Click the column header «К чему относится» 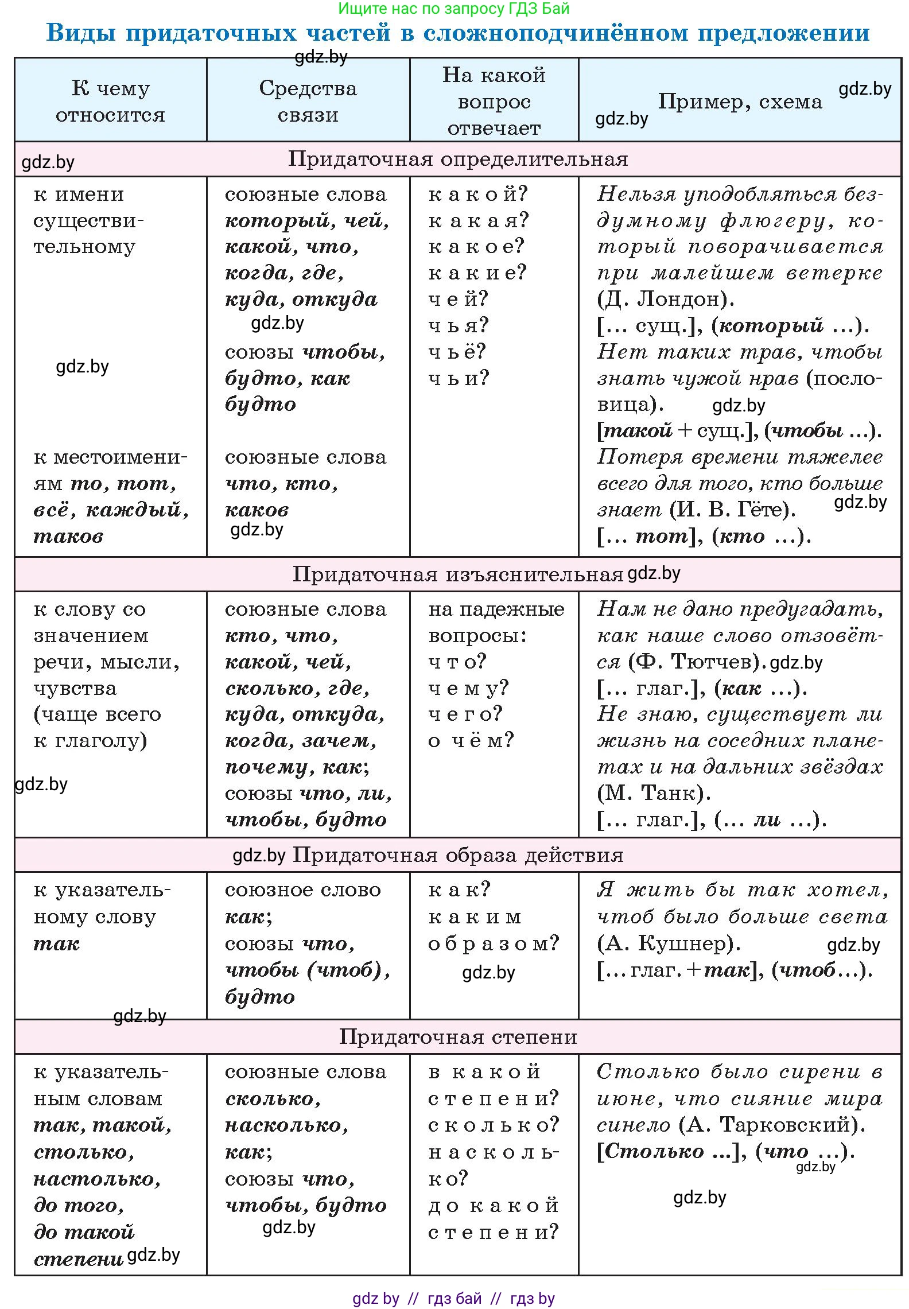(110, 101)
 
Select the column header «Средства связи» (308, 101)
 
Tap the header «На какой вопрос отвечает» (494, 101)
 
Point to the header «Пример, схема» (740, 102)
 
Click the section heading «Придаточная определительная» (457, 159)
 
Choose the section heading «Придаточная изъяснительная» (457, 574)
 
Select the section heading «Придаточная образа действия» (457, 855)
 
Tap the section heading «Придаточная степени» (457, 1036)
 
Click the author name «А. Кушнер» (668, 943)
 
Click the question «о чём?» (471, 740)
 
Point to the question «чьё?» (457, 351)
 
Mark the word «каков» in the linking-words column (257, 510)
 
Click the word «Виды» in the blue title (81, 33)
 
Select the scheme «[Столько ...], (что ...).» (725, 1151)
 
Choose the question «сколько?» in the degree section (493, 1125)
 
